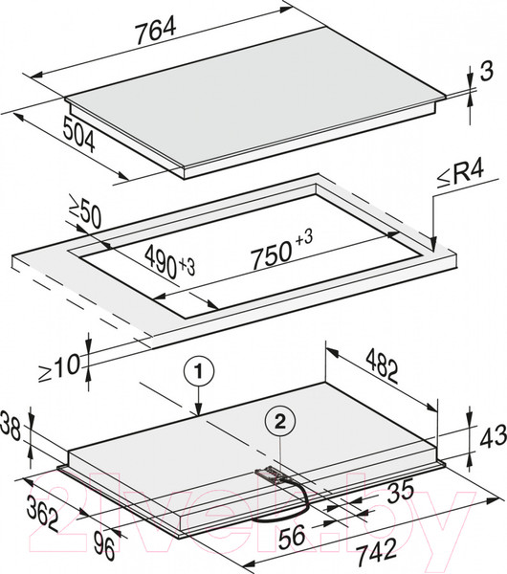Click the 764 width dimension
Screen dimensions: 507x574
[156, 31]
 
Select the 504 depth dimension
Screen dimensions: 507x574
[78, 134]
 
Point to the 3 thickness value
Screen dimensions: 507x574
[486, 71]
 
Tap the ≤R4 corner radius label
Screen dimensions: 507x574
[460, 175]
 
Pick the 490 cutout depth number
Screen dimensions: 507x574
[161, 260]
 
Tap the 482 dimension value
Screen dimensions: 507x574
[382, 366]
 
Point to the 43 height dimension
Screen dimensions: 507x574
[493, 437]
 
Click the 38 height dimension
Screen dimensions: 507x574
[11, 426]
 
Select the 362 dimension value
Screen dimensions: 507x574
[43, 512]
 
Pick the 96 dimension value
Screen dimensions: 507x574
[104, 546]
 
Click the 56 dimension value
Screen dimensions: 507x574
[293, 535]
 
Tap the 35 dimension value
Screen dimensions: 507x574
[400, 492]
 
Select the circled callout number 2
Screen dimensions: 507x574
[280, 423]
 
